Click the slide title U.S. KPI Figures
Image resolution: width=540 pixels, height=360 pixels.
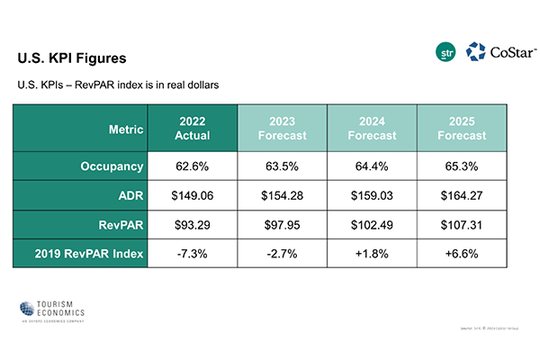[x=72, y=58]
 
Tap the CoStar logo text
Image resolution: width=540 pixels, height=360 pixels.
[x=504, y=53]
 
